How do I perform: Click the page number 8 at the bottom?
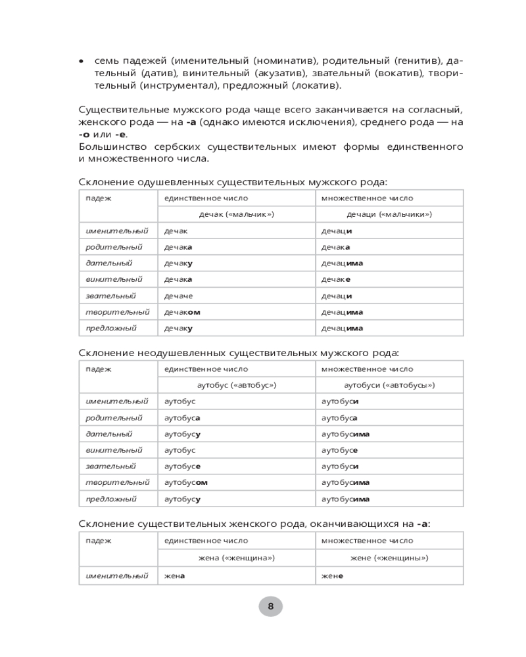(x=270, y=606)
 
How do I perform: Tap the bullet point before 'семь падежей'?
(x=82, y=61)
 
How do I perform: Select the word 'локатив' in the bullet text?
(x=317, y=85)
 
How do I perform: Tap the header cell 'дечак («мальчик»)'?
(x=236, y=214)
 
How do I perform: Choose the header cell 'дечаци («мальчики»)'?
(x=389, y=214)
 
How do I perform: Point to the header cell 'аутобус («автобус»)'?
(x=236, y=385)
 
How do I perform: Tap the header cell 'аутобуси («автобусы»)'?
(x=389, y=385)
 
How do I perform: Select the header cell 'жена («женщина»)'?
(x=236, y=558)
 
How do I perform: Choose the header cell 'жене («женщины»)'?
(x=389, y=558)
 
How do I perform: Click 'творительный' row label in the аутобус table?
(x=118, y=482)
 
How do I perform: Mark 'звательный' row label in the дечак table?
(x=110, y=296)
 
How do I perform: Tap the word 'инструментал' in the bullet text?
(x=186, y=85)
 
